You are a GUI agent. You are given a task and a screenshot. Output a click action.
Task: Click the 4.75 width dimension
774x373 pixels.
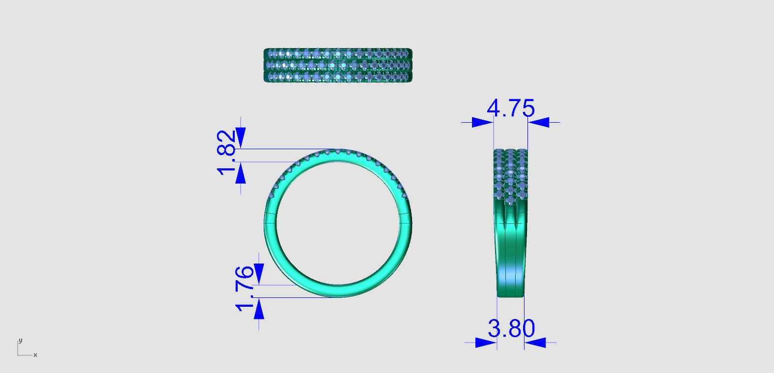(x=511, y=108)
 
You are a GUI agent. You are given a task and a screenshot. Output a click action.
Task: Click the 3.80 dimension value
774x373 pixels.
(x=511, y=328)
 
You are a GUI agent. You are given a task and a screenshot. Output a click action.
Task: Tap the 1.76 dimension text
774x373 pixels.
(x=245, y=289)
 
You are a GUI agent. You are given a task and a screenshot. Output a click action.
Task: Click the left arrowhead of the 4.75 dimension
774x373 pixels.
(x=482, y=122)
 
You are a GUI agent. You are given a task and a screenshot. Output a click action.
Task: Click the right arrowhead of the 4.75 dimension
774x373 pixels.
(x=539, y=122)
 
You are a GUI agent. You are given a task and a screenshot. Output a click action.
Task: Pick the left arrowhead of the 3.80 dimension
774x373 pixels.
(x=486, y=343)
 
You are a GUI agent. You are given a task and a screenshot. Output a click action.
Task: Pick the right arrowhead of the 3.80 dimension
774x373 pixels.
(x=535, y=343)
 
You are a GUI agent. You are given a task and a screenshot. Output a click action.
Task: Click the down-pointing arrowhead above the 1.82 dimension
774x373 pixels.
(x=240, y=137)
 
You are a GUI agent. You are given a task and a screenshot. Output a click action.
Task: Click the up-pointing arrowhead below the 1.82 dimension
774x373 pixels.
(x=240, y=174)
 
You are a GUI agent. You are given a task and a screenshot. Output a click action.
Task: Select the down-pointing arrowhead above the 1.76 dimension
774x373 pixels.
(x=259, y=274)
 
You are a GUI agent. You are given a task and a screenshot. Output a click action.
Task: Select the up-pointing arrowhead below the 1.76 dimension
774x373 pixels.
(x=259, y=309)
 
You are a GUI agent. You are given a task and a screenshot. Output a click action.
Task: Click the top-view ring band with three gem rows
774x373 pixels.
(x=338, y=65)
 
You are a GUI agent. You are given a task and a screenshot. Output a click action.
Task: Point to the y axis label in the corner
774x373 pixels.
(x=20, y=340)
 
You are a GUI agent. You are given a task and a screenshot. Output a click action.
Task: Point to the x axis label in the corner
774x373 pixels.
(x=35, y=355)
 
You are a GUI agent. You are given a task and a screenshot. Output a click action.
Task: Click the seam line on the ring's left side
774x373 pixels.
(x=270, y=214)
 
